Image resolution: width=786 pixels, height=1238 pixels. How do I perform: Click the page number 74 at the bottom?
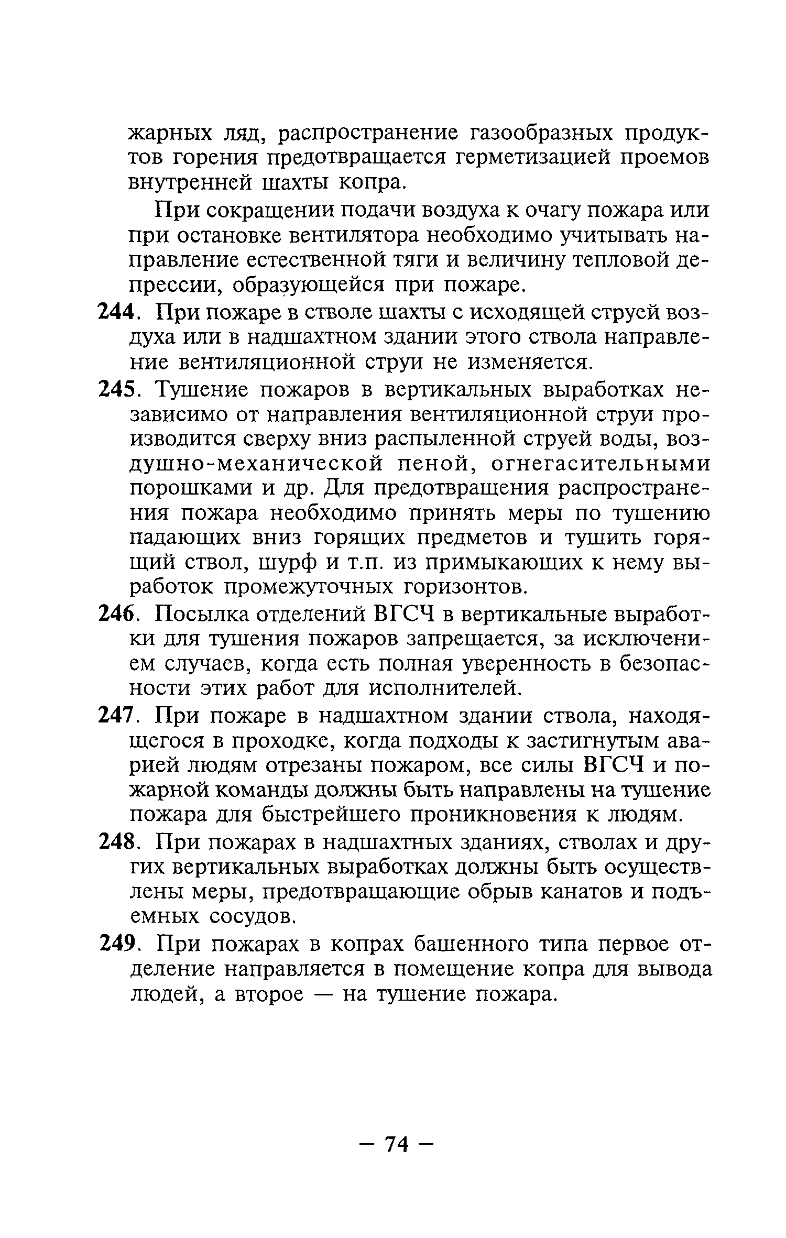[x=397, y=1144]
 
